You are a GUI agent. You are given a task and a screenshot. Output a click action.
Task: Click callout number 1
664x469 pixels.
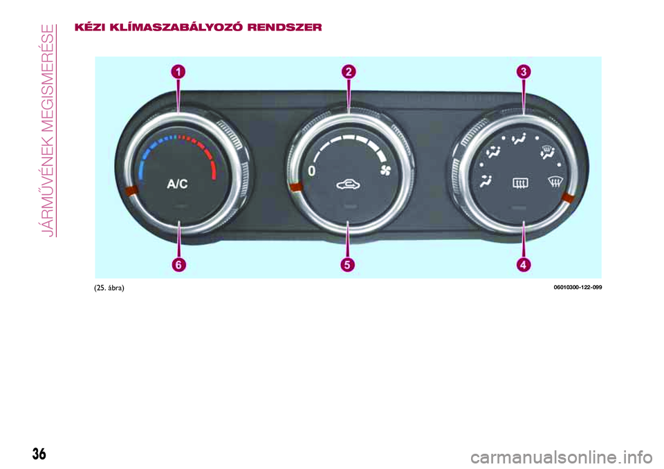[x=178, y=72]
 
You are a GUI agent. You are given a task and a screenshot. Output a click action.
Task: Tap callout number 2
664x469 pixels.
[x=349, y=72]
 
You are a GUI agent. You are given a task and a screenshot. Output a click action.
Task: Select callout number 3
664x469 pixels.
[x=524, y=72]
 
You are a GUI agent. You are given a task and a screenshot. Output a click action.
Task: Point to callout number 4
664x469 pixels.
[x=524, y=265]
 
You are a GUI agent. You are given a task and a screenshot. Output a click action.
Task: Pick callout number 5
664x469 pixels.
[x=347, y=265]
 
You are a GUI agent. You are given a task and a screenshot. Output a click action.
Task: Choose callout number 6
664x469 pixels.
[x=178, y=265]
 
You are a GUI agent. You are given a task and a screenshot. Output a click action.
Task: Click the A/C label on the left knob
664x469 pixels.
[x=177, y=184]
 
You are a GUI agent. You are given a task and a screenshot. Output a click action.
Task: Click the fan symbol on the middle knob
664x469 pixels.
[x=385, y=171]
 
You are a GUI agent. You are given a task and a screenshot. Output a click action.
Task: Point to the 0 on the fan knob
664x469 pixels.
[x=312, y=171]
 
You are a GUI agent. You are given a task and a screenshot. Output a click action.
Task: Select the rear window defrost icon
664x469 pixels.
[x=520, y=183]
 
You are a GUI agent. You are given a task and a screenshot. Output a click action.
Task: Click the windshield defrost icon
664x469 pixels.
[x=555, y=182]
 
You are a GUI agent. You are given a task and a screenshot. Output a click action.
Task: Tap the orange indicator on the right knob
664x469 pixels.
[x=568, y=198]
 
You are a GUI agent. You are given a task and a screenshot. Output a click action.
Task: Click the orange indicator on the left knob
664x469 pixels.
[x=131, y=191]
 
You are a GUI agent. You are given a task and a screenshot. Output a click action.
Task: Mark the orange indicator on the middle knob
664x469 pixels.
[x=295, y=187]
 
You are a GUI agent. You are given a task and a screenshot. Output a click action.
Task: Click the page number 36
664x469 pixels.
[x=39, y=454]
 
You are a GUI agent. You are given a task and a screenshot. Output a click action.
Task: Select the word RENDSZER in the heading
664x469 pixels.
[x=284, y=28]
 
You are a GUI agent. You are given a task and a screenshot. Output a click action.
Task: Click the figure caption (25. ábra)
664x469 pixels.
[x=109, y=288]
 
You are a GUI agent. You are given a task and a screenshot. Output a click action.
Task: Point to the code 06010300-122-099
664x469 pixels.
[x=578, y=287]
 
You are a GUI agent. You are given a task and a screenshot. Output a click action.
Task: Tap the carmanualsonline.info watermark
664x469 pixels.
[x=562, y=457]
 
